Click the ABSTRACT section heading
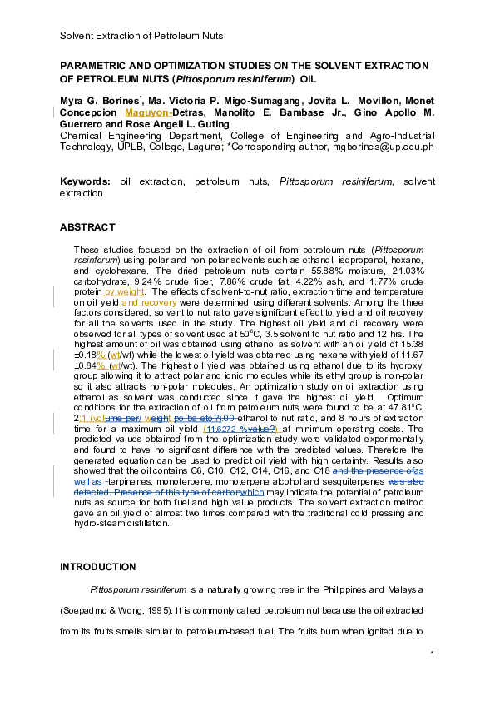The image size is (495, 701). click(87, 226)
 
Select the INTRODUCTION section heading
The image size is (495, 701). click(97, 567)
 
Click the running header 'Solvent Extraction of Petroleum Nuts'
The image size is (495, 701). click(141, 36)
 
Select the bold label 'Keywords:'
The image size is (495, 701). click(86, 181)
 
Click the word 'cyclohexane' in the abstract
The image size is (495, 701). click(135, 271)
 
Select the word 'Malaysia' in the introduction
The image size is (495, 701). click(410, 589)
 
